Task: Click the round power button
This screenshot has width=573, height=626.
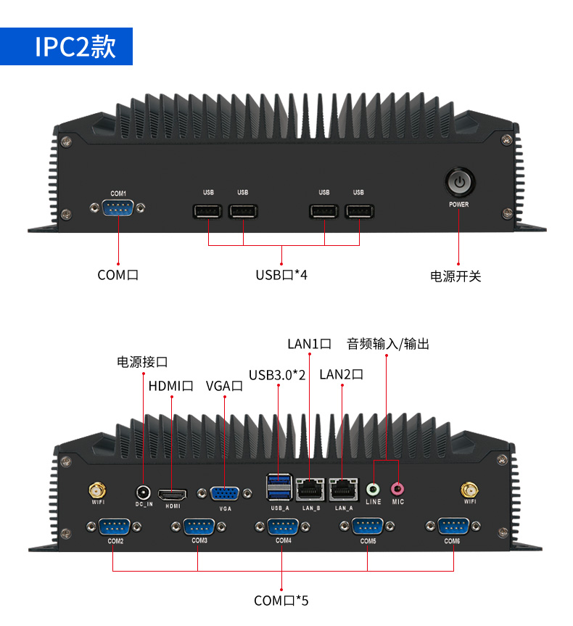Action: click(458, 183)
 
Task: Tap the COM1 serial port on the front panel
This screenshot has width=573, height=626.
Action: click(118, 208)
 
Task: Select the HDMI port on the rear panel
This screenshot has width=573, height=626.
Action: click(173, 495)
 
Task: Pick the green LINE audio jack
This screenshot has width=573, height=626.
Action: click(373, 490)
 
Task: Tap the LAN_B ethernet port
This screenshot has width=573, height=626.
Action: click(311, 488)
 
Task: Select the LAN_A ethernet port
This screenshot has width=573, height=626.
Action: click(343, 488)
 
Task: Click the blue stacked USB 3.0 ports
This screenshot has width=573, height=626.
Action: click(280, 487)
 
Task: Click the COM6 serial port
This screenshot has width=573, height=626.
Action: click(453, 527)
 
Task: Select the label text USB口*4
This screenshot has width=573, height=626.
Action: click(281, 276)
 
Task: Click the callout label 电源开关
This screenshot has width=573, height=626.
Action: click(455, 276)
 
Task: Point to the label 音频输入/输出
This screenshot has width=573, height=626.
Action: click(388, 344)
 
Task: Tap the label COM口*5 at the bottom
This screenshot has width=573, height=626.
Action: click(281, 601)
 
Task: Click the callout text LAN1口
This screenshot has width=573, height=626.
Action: click(309, 344)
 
